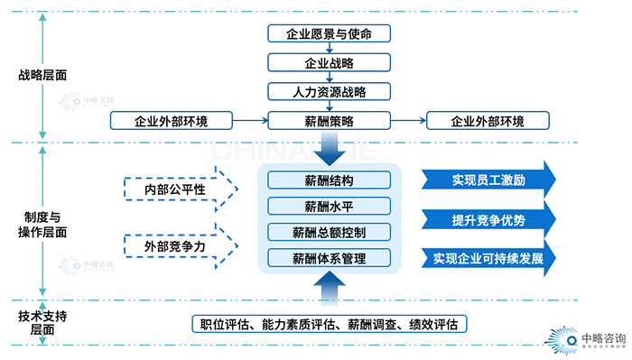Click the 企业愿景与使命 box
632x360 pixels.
[x=330, y=33]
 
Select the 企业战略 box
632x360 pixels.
[x=330, y=63]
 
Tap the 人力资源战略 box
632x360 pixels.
[x=330, y=92]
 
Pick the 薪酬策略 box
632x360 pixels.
[x=330, y=120]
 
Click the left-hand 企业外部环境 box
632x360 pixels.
[x=171, y=120]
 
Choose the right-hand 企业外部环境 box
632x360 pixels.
[x=487, y=120]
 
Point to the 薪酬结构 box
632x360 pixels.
[x=330, y=180]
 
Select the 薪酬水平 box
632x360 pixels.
[x=330, y=206]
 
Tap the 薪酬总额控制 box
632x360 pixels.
[x=330, y=232]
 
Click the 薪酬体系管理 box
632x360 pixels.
[x=330, y=259]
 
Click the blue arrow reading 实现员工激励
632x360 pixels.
[x=488, y=180]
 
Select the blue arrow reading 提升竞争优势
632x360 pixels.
[x=488, y=219]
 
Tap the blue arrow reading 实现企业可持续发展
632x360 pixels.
[x=488, y=259]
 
